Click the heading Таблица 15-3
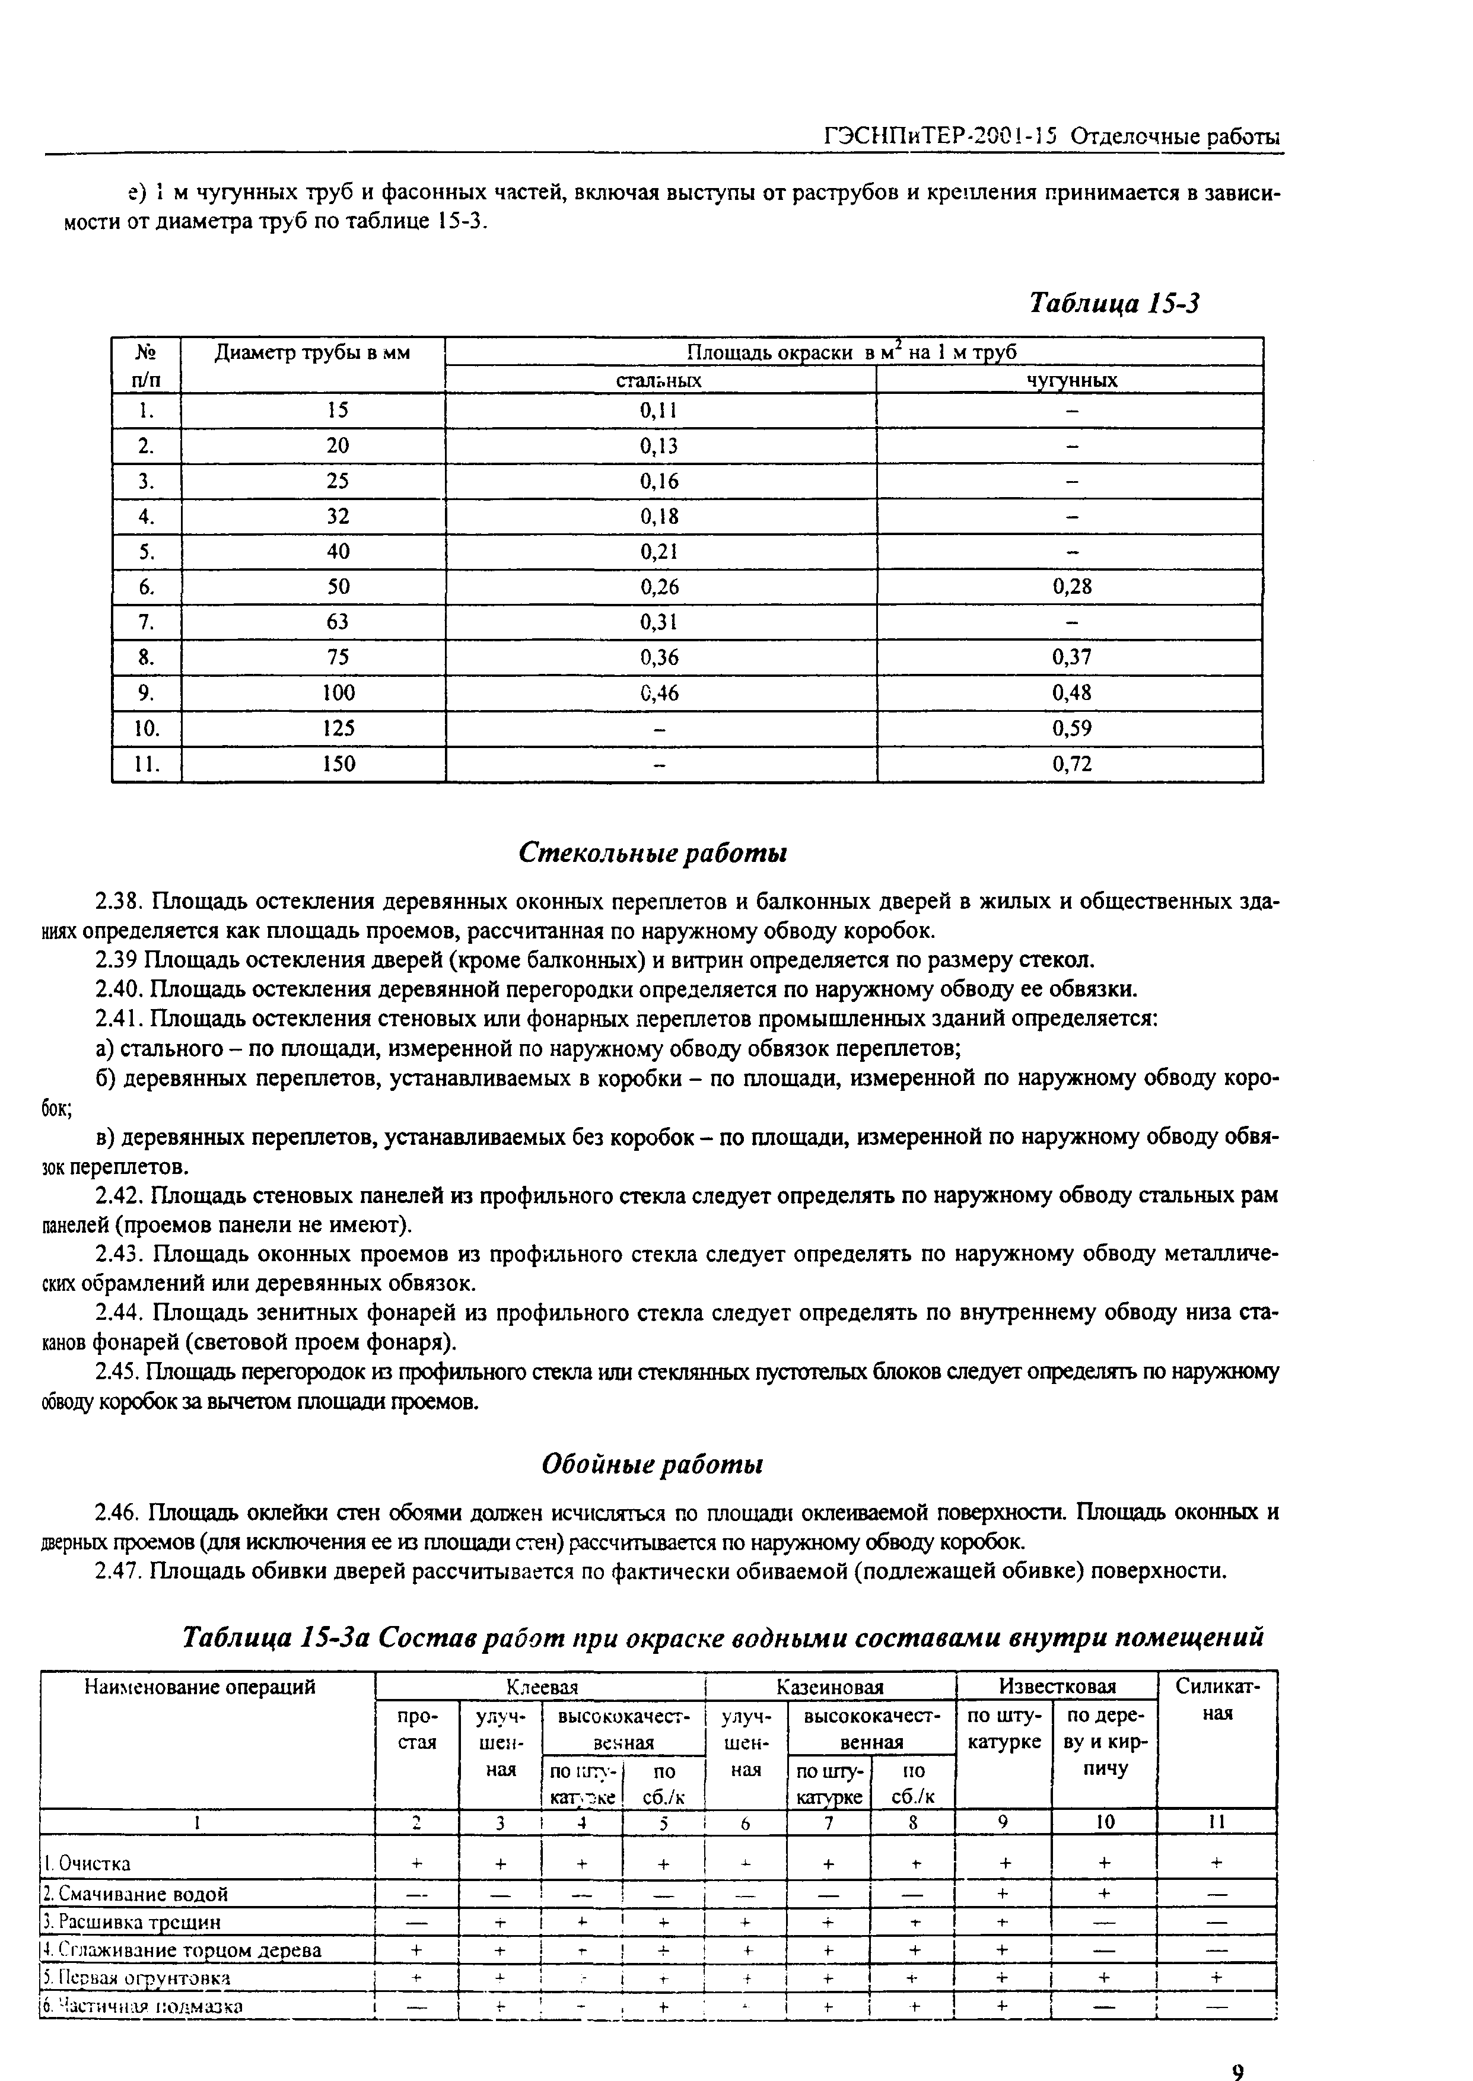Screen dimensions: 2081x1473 tap(1114, 303)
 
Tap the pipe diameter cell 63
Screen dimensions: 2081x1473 tap(338, 622)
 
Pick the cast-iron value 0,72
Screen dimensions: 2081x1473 tap(1071, 763)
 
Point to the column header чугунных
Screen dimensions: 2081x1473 tap(1071, 381)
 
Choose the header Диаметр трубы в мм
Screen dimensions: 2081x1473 tap(312, 354)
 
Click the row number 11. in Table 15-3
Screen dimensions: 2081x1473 tap(146, 763)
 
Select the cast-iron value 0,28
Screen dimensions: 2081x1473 tap(1071, 587)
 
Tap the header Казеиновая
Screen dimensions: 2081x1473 tap(830, 1687)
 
